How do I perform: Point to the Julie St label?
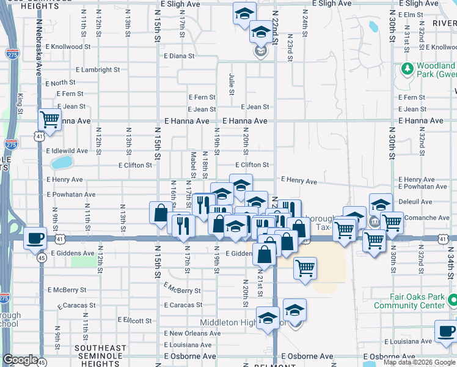232,84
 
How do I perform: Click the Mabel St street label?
193,165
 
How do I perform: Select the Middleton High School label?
243,322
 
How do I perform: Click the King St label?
21,103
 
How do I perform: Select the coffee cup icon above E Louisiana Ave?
446,332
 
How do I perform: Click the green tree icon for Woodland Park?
408,69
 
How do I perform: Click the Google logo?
20,360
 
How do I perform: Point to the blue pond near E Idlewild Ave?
61,163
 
